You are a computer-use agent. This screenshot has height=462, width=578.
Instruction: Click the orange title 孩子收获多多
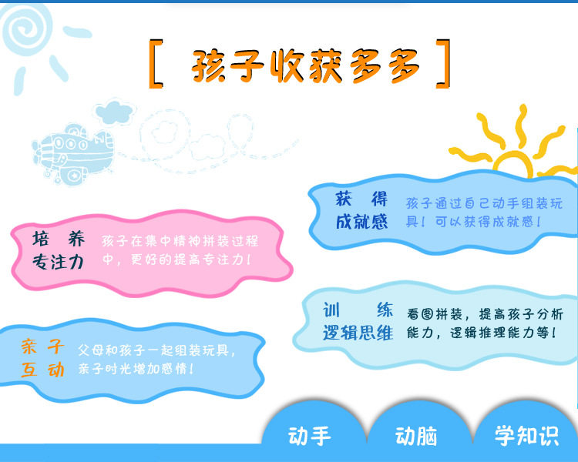(305, 65)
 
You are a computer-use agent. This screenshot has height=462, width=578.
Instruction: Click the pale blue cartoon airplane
(74, 154)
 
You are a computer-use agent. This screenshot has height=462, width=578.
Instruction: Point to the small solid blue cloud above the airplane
(114, 112)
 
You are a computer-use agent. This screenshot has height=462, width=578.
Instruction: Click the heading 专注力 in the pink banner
(59, 263)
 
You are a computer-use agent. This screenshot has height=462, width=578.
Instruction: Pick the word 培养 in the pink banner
(59, 239)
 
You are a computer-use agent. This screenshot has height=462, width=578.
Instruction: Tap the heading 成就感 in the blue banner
(361, 222)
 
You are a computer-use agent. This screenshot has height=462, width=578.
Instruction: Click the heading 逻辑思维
(358, 333)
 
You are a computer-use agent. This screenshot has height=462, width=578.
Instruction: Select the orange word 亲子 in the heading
(42, 346)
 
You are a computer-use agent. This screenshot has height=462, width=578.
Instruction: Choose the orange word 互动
(42, 370)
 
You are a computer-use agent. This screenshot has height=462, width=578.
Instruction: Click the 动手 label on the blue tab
(310, 436)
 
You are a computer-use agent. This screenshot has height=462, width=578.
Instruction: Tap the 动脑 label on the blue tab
(416, 436)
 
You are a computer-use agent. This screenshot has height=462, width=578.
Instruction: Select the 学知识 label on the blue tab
(527, 436)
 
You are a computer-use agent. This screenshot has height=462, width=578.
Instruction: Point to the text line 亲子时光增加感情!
(136, 368)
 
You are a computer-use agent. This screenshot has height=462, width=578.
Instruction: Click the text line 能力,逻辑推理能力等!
(482, 333)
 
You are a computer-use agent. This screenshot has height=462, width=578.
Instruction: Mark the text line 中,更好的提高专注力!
(176, 259)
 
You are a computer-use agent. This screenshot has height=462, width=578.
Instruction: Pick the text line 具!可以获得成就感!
(474, 222)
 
